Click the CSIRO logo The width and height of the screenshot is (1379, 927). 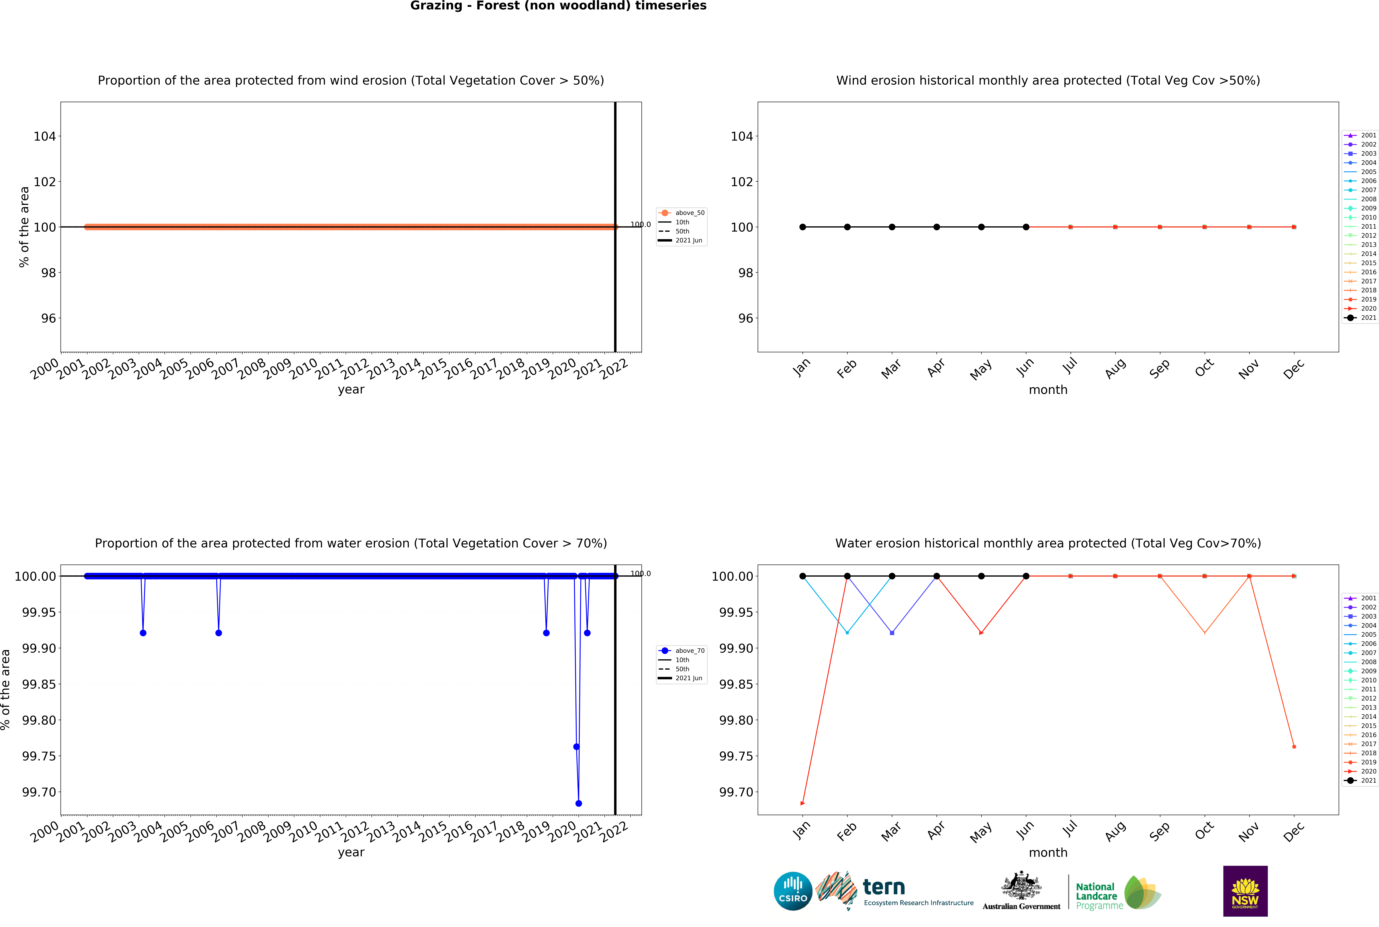[793, 891]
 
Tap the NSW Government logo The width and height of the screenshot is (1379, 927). [1245, 891]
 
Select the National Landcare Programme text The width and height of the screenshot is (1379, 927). [1098, 896]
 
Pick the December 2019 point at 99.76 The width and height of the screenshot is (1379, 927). [1294, 747]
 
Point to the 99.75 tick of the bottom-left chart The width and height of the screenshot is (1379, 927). [39, 756]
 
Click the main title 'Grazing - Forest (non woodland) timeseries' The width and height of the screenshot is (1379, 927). [558, 6]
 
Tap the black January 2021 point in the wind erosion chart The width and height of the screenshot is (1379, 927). [803, 227]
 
